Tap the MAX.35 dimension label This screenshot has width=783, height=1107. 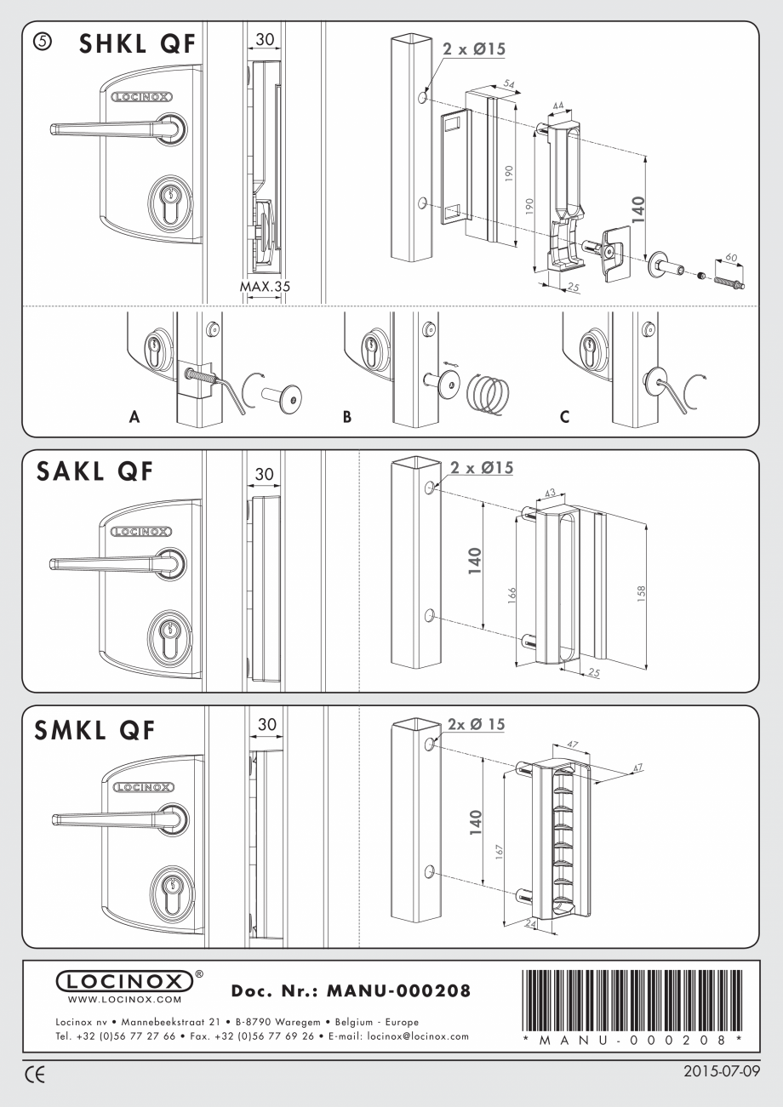[x=265, y=287]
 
